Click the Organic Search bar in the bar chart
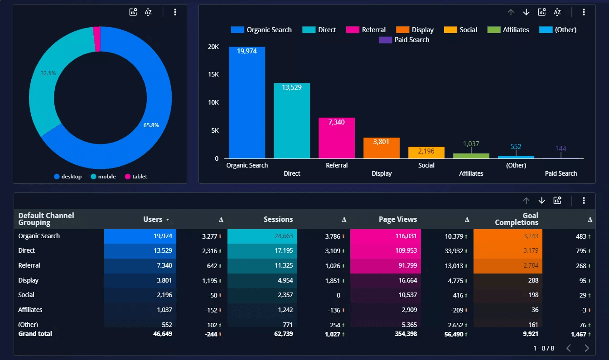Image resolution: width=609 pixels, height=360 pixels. pos(247,104)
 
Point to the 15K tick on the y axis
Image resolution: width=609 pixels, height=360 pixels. pos(213,74)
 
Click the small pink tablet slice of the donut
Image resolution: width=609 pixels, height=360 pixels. pos(97,33)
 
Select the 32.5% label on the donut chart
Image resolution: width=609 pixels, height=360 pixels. pos(48,73)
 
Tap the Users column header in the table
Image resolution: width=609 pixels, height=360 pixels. pos(153,219)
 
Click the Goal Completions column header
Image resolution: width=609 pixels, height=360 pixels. pos(517,219)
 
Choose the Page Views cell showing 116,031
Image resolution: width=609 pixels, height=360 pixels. pos(386,236)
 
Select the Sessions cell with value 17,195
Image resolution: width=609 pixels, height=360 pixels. pos(262,250)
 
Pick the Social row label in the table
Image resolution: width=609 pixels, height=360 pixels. pos(26,295)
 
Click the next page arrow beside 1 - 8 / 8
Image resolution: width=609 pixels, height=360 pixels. pos(587,348)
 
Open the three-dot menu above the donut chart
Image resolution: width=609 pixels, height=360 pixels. pos(175,12)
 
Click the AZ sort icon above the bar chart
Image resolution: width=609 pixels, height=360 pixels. pos(557,12)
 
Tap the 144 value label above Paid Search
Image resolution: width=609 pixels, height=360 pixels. pos(561,149)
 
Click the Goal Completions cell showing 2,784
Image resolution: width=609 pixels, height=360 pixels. pos(507,265)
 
